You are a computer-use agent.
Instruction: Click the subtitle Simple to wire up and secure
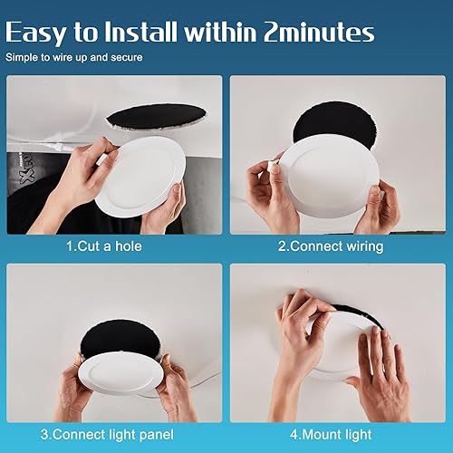coord(73,58)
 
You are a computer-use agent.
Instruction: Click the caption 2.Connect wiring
coord(331,246)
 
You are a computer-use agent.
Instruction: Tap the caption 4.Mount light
coord(331,434)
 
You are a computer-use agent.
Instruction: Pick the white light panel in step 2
coord(323,173)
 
